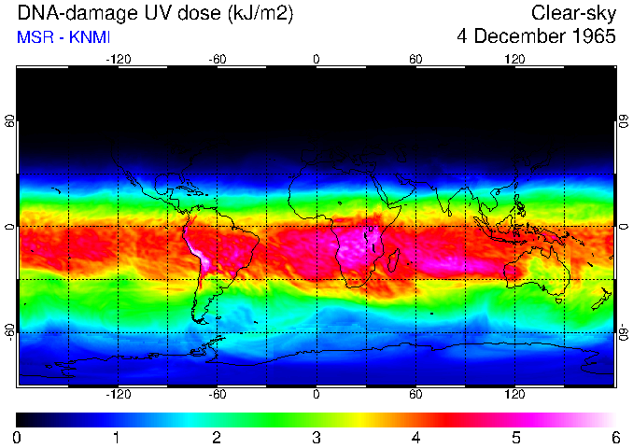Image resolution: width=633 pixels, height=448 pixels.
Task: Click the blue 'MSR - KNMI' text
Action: coord(63,37)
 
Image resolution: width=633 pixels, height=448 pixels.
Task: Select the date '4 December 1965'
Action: coord(537,37)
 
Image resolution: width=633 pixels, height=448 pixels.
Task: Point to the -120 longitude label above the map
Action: coord(118,59)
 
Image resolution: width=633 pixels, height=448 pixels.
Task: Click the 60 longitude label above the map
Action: coord(415,59)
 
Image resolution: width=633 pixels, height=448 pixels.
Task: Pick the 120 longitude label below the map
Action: coord(514,395)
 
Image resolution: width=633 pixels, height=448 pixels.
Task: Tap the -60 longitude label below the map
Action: coord(217,395)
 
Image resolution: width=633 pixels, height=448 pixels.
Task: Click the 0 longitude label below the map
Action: coord(316,395)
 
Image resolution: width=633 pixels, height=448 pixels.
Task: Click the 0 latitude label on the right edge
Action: coord(623,227)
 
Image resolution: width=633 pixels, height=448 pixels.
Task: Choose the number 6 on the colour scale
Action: coord(614,437)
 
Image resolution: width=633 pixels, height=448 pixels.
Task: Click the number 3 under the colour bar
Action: coord(316,437)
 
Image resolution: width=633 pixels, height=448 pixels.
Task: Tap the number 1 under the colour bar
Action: coord(117,437)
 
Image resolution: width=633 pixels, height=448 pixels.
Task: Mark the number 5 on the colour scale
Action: coord(514,437)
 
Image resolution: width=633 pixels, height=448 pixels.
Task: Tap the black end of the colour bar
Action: coord(21,419)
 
